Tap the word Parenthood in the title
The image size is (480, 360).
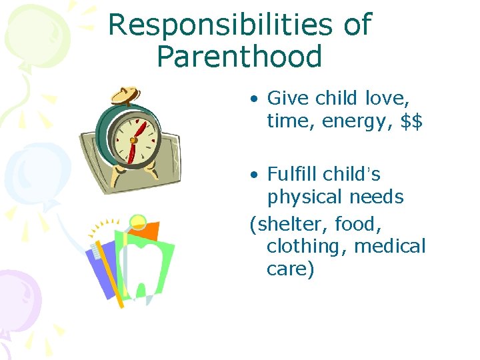coord(239,57)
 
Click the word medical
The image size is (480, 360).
coord(389,246)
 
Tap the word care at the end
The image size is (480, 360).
coord(290,270)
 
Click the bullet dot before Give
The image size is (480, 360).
coord(254,99)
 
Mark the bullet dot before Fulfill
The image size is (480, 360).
coord(254,175)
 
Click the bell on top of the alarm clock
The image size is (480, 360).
coord(127,96)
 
